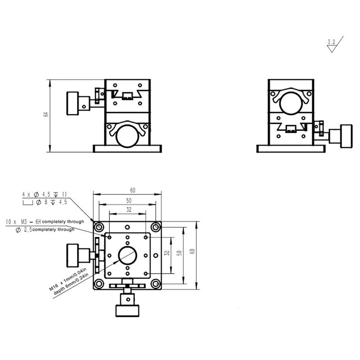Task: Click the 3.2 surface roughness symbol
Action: click(333, 45)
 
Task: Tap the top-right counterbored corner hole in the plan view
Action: click(156, 227)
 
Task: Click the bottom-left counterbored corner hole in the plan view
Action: click(99, 284)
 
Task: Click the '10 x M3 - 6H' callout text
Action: click(23, 222)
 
